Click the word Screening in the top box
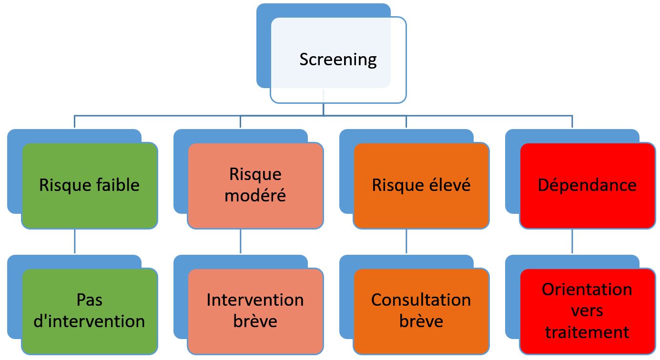tap(338, 60)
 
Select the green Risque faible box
tap(90, 186)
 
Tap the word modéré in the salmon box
tap(255, 196)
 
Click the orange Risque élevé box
tap(421, 186)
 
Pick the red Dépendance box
tap(587, 186)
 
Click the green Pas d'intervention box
tap(90, 311)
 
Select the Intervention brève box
tap(255, 311)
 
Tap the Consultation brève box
tap(421, 311)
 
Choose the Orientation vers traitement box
tap(587, 311)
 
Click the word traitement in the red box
tap(587, 332)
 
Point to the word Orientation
tap(587, 290)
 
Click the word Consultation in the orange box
tap(421, 300)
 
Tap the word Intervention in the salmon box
tap(255, 300)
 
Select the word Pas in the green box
tap(90, 300)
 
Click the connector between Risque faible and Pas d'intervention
tap(75, 241)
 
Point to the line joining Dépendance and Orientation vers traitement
tap(572, 241)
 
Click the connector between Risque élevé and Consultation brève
tap(406, 241)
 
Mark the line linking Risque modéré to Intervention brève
tap(240, 241)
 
